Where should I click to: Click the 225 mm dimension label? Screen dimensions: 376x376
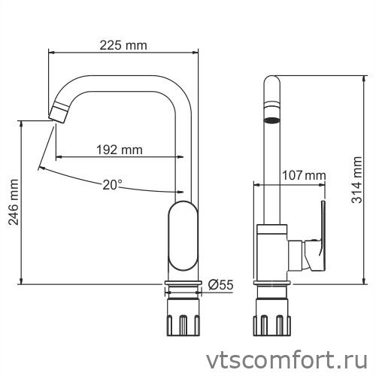(x=123, y=45)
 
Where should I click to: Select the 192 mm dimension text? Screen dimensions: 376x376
(x=119, y=150)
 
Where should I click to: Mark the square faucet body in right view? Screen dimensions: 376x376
(x=272, y=252)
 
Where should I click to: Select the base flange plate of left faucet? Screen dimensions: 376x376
(x=182, y=284)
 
